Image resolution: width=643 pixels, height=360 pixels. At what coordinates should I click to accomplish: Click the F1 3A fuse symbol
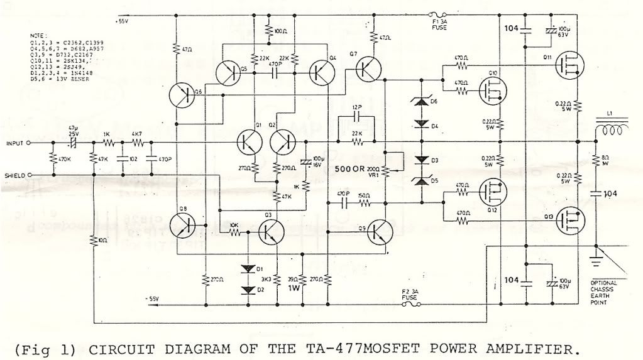[437, 14]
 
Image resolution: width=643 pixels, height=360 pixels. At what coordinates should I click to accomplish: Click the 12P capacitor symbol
[356, 117]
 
